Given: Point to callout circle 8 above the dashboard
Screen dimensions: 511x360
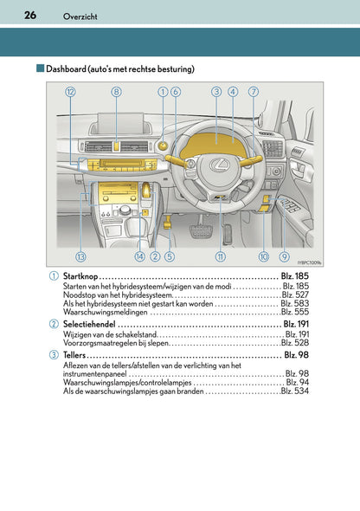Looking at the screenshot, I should (117, 91).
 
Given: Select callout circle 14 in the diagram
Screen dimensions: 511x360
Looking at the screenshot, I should (139, 256).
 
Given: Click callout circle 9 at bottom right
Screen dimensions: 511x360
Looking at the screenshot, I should (284, 256).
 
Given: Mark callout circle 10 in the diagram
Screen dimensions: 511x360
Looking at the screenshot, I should (263, 256).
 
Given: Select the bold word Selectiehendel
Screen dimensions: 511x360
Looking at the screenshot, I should (89, 323).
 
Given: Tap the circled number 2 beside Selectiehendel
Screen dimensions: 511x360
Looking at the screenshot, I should (55, 323).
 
